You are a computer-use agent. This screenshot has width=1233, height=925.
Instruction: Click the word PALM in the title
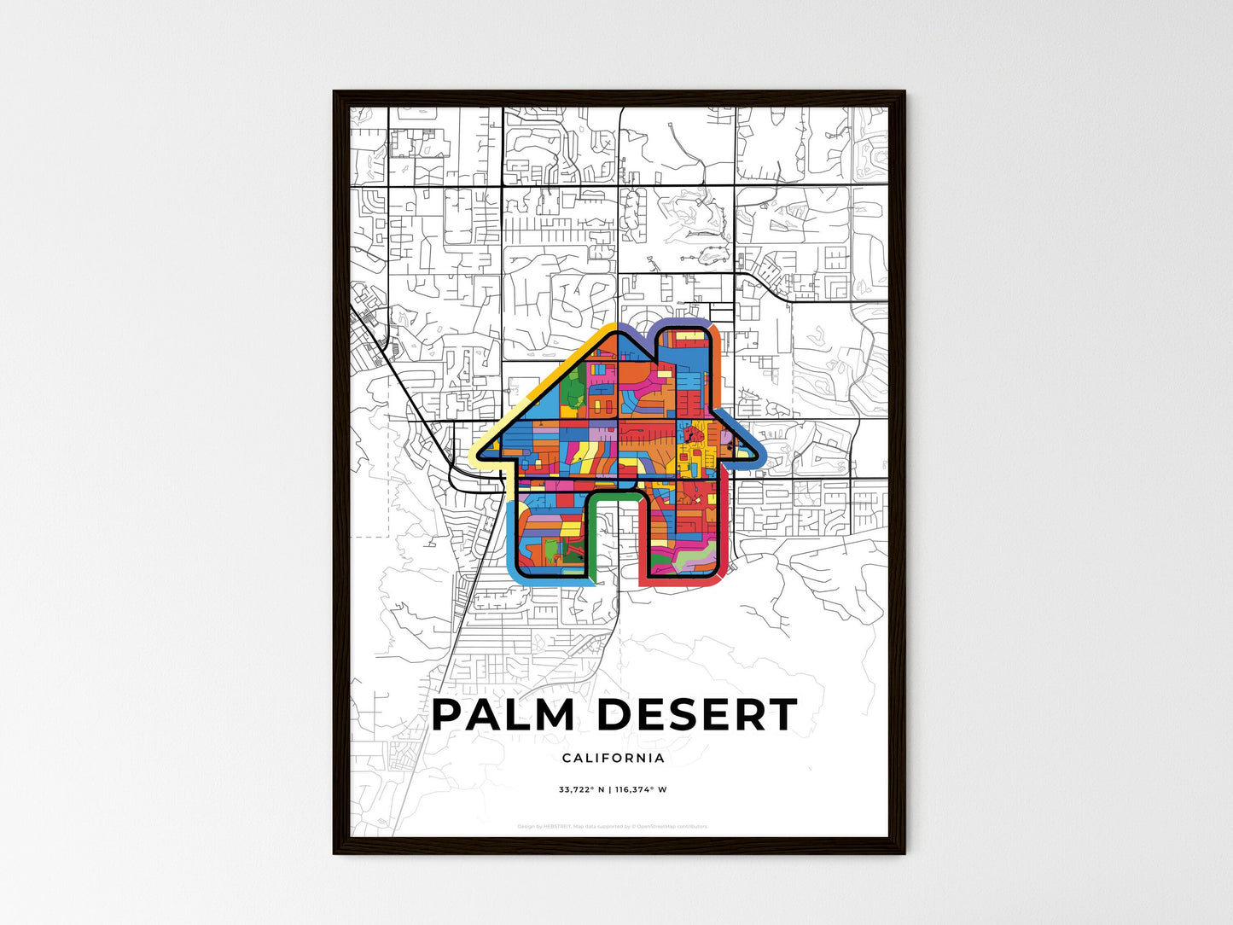(503, 715)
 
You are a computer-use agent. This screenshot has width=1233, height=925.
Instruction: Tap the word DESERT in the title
(696, 715)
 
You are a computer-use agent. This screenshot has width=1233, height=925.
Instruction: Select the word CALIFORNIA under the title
(614, 758)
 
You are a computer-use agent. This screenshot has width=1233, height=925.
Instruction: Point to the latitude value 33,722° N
(582, 789)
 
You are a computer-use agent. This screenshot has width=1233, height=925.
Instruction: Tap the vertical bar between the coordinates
(610, 789)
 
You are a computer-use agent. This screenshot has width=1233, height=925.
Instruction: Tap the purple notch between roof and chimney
(636, 334)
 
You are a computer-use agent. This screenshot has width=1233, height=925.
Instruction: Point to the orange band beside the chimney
(716, 367)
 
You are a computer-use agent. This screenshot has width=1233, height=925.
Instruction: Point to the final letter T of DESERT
(781, 715)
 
